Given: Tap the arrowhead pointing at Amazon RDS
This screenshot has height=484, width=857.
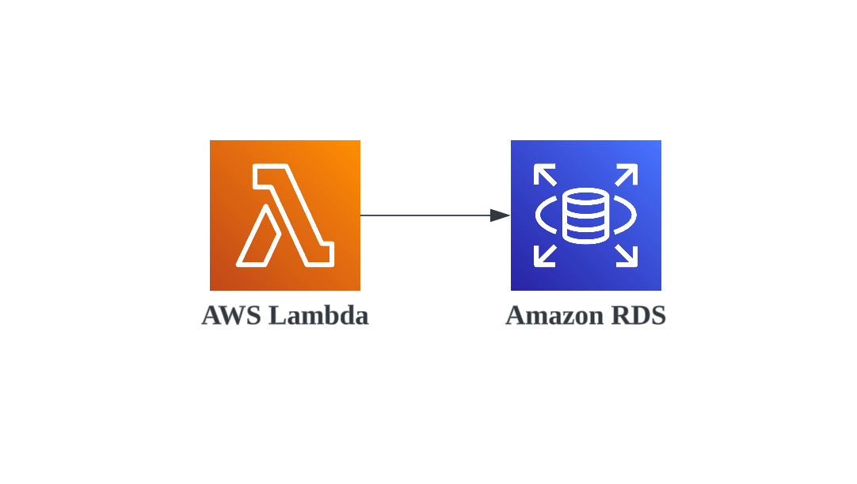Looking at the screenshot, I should [x=500, y=215].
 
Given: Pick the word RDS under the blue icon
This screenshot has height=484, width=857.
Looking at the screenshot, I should [x=639, y=315].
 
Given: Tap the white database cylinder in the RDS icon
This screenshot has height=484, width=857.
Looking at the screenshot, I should [x=585, y=215].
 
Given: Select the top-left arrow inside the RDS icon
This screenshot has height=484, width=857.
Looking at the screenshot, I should [x=544, y=174].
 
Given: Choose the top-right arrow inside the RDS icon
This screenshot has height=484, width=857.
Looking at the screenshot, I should [x=627, y=174].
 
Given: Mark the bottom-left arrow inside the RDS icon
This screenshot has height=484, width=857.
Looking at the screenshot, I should [x=544, y=255].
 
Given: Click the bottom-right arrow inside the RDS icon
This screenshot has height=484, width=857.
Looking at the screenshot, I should [x=627, y=255].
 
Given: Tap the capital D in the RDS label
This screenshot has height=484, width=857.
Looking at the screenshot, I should [x=639, y=315].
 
